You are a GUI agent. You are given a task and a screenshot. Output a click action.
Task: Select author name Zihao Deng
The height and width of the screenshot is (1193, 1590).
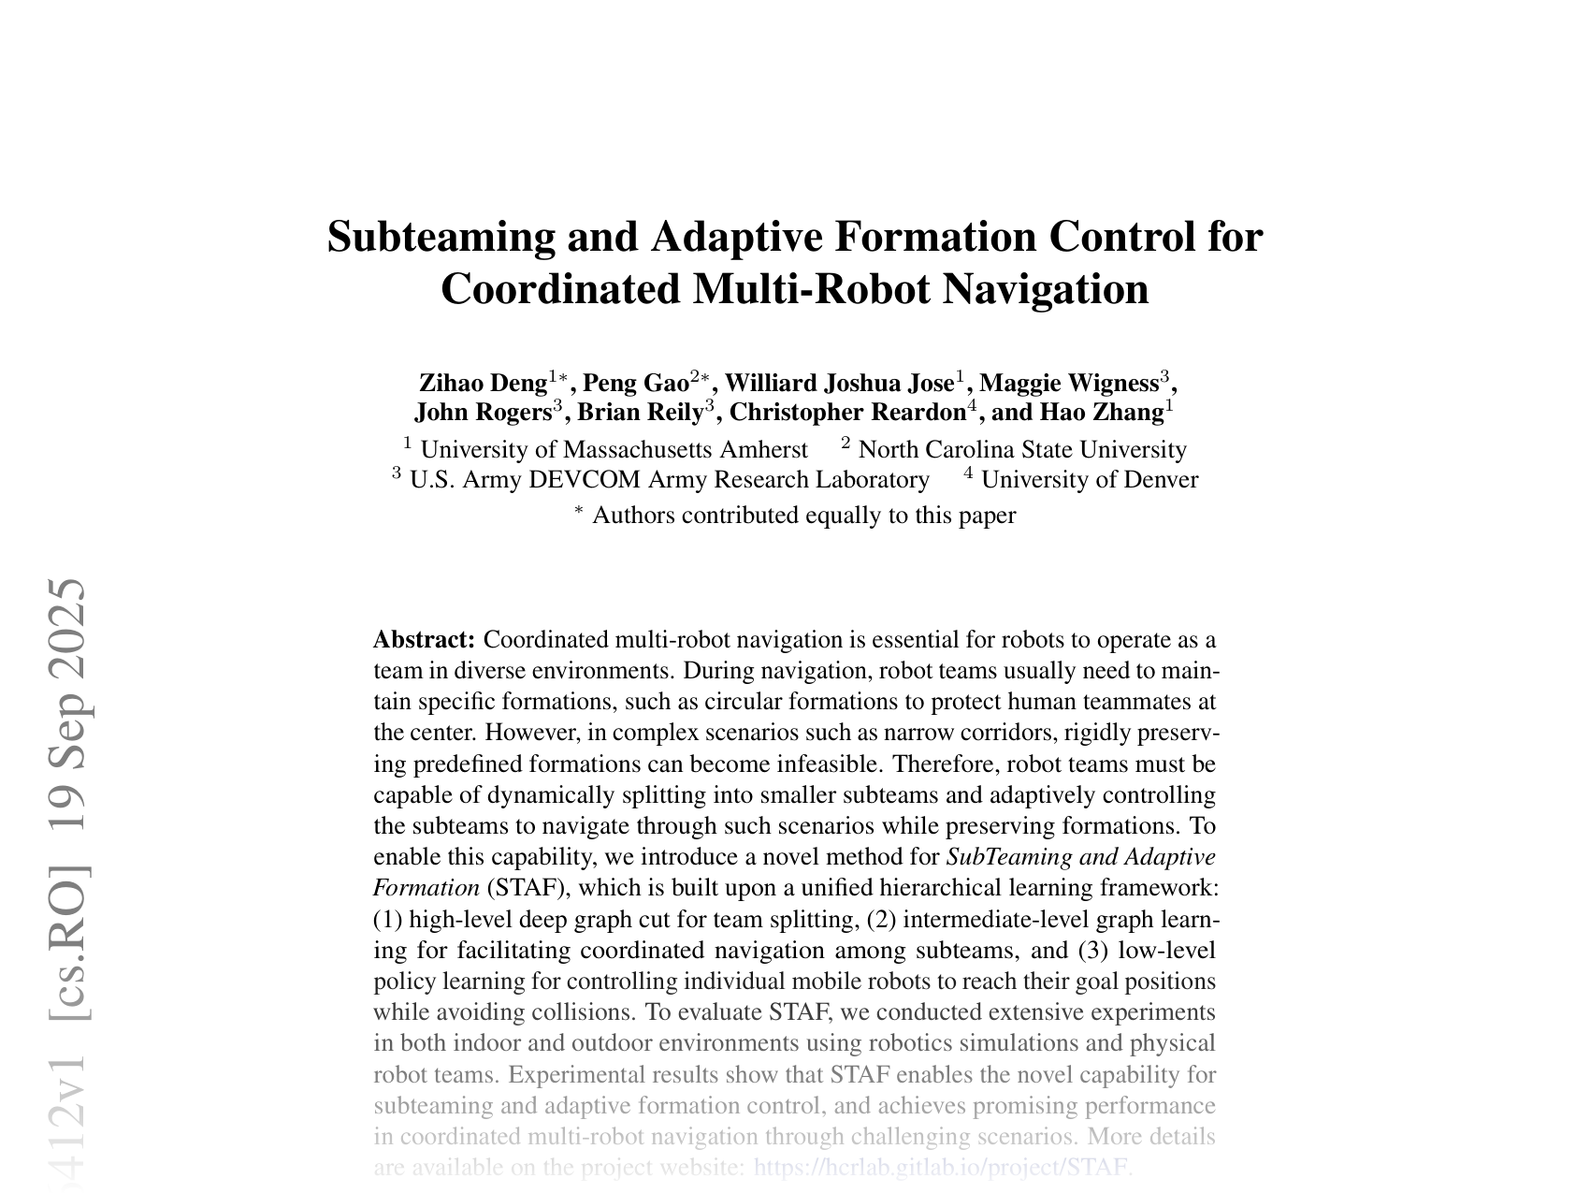click(x=483, y=383)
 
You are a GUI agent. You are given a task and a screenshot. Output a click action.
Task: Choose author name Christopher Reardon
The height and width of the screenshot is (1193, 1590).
click(x=846, y=412)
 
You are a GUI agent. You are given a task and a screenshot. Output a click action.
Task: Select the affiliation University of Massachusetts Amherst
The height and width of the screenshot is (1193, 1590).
click(x=614, y=450)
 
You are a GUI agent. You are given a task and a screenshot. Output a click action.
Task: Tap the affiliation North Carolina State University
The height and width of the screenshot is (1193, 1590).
click(x=1022, y=450)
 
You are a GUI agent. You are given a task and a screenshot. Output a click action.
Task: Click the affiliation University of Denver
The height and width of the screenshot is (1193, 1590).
click(x=1090, y=480)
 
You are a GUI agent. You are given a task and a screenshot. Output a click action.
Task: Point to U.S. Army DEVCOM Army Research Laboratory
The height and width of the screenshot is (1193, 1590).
click(x=669, y=480)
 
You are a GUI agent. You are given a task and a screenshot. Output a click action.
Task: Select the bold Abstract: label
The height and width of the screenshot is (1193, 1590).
click(x=425, y=640)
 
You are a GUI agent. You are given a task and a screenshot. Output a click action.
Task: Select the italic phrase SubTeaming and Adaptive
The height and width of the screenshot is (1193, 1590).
click(x=1081, y=857)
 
